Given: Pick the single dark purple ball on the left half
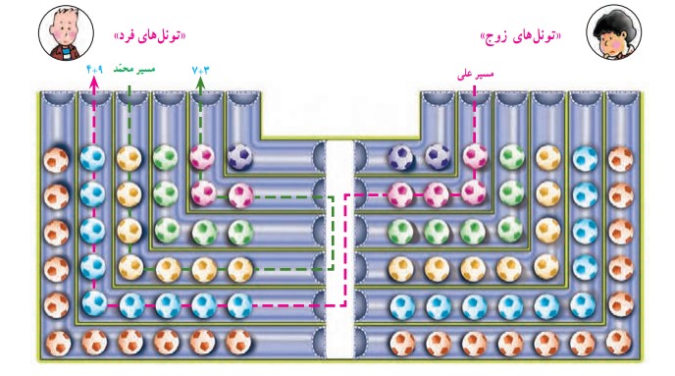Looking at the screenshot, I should (238, 155).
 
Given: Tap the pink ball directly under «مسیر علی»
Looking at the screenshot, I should (475, 155).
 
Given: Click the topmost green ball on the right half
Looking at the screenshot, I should (511, 155).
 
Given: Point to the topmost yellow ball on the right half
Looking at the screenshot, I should (547, 156).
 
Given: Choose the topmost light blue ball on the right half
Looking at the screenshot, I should (584, 156).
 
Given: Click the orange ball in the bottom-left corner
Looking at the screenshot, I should (56, 342).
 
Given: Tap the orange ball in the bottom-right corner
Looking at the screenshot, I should (619, 342).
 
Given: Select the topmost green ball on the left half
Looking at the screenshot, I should (165, 156).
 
